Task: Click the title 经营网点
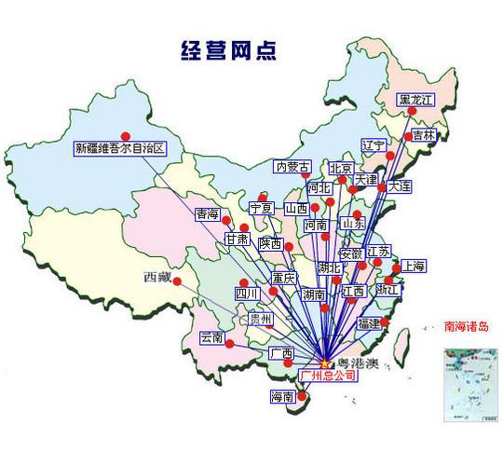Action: click(x=227, y=48)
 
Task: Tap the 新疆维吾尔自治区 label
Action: click(x=120, y=148)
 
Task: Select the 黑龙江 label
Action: click(x=415, y=100)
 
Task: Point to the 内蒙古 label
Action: click(x=292, y=168)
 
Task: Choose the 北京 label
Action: click(x=341, y=169)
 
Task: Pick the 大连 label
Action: click(x=401, y=187)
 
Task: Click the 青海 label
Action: click(x=208, y=215)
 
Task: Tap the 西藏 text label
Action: click(x=157, y=277)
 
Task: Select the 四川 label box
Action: click(x=247, y=294)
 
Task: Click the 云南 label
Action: click(x=212, y=337)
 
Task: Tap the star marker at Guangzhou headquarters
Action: click(x=323, y=362)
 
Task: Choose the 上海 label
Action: click(x=414, y=267)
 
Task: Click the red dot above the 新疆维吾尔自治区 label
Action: click(x=125, y=133)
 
